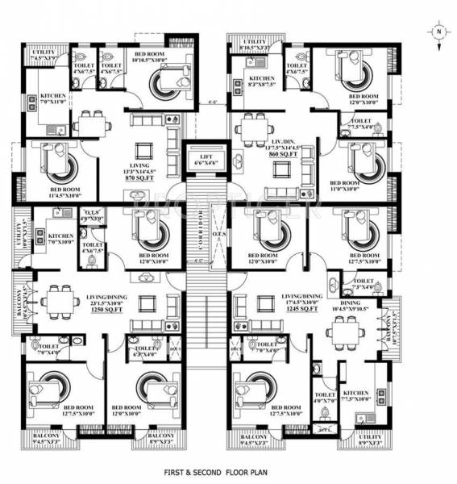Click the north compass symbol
click(437, 33)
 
